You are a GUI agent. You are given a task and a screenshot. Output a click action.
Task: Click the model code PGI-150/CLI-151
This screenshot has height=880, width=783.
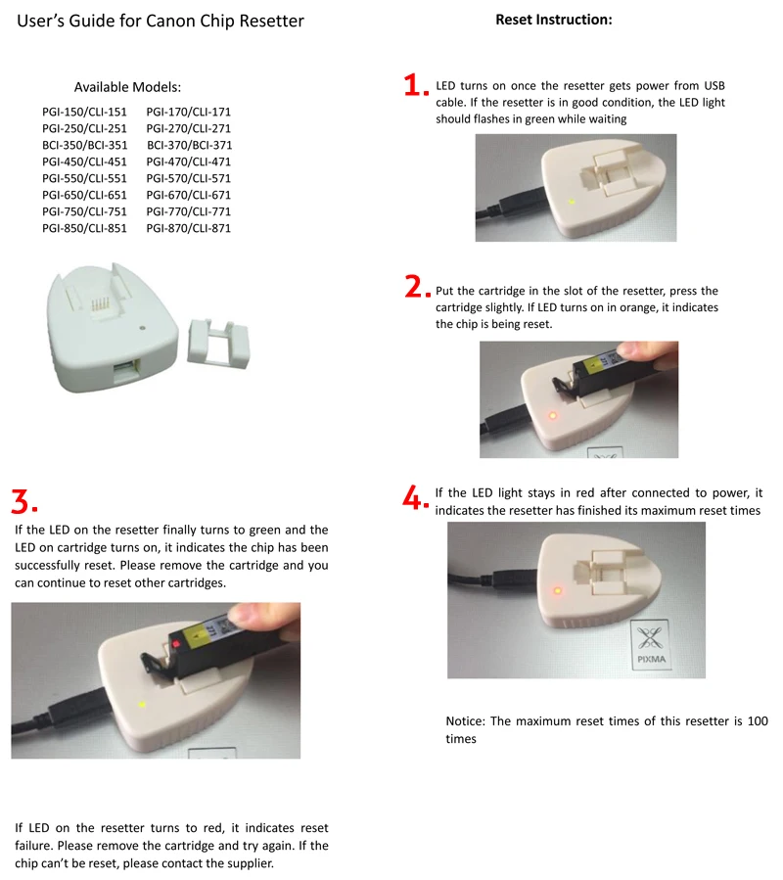[84, 112]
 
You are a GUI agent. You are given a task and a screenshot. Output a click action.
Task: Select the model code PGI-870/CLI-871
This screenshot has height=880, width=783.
[189, 228]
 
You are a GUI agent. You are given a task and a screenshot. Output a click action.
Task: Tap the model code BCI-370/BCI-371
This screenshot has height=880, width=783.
[189, 145]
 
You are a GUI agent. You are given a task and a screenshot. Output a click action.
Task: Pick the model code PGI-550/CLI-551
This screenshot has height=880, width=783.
[84, 178]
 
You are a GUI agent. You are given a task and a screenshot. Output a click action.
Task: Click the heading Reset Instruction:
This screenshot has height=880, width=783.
[553, 20]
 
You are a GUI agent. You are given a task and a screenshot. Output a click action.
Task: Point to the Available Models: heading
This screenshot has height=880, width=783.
[127, 87]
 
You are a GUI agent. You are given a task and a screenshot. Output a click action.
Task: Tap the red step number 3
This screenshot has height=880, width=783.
[22, 500]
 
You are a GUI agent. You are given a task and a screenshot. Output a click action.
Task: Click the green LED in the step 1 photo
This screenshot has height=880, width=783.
[571, 203]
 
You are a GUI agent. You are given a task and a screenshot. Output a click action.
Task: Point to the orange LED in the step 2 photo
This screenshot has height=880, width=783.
[553, 415]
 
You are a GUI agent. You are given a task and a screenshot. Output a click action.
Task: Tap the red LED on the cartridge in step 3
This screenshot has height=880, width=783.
[176, 645]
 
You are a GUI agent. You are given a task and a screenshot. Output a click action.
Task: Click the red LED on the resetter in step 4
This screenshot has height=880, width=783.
[558, 590]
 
